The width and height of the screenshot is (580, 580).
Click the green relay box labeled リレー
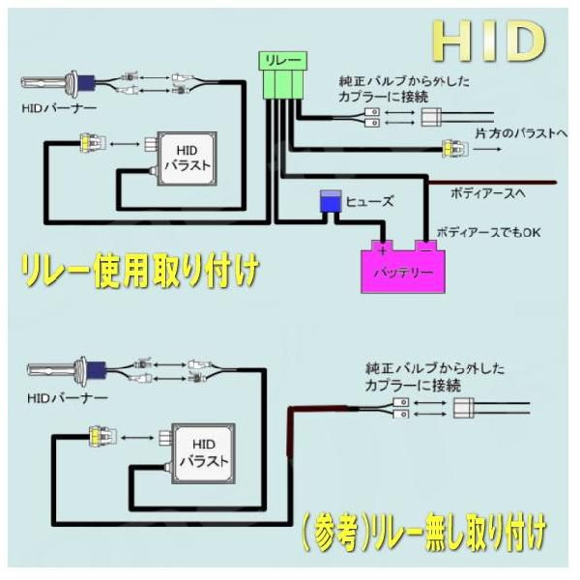tap(278, 60)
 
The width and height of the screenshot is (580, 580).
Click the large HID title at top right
tap(488, 41)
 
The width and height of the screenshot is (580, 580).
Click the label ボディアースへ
tap(487, 193)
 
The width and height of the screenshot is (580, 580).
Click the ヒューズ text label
tap(370, 202)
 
